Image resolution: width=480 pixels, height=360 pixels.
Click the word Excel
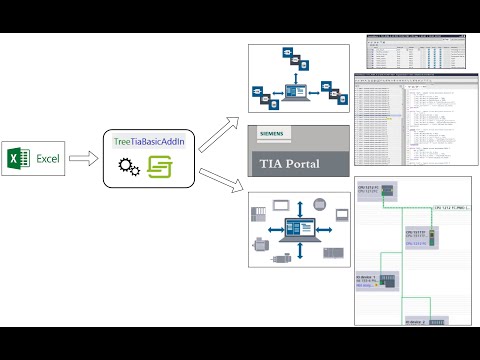pyautogui.click(x=49, y=159)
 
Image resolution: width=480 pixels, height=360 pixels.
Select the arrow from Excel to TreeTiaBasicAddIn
pyautogui.click(x=87, y=159)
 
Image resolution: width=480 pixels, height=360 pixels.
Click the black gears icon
pyautogui.click(x=130, y=170)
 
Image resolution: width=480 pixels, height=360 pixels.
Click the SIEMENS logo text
pyautogui.click(x=272, y=133)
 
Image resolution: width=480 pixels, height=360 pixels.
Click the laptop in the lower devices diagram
pyautogui.click(x=298, y=228)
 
